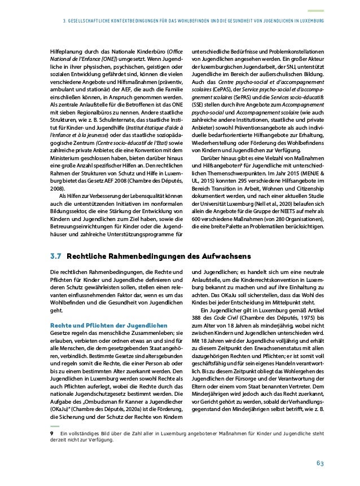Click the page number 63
(319, 463)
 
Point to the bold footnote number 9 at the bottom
(52, 434)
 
